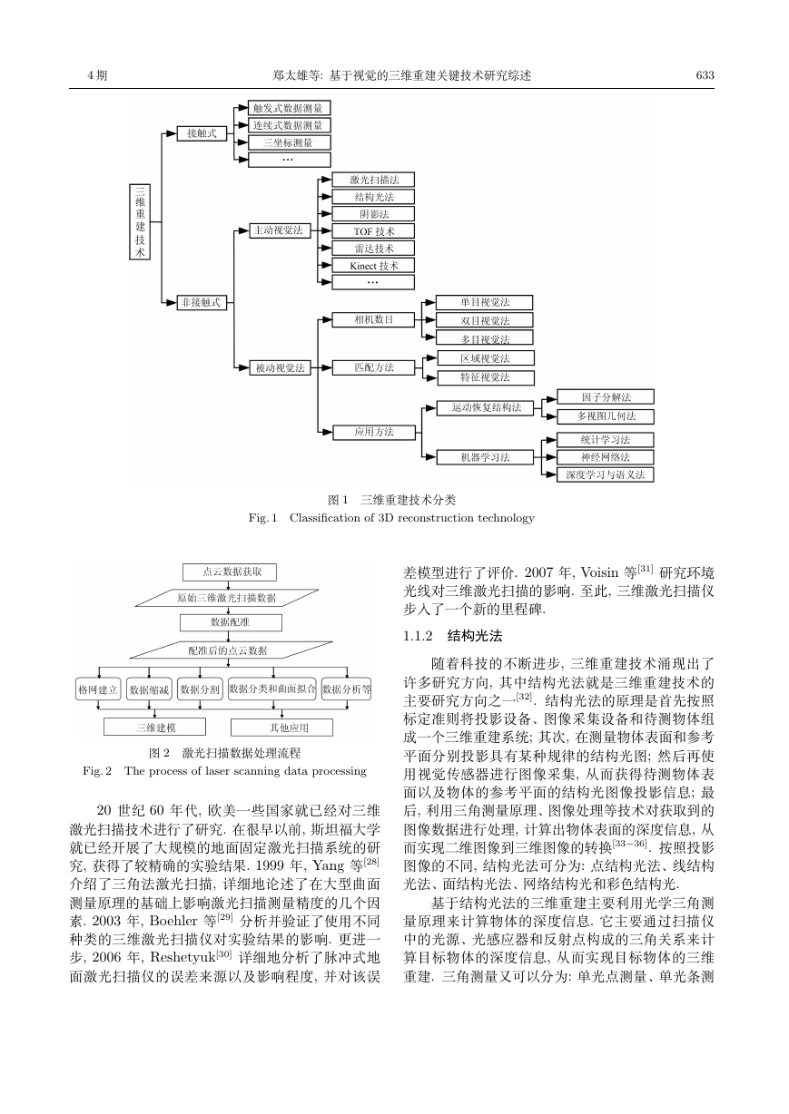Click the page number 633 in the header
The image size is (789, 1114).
[x=705, y=75]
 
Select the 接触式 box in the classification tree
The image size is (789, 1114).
[x=202, y=133]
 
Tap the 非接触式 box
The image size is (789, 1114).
[x=202, y=302]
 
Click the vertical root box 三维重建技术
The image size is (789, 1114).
[x=140, y=222]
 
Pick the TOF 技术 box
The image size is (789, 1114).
[x=373, y=231]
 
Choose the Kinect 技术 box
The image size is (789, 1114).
[x=373, y=266]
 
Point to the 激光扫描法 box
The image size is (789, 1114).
[x=373, y=180]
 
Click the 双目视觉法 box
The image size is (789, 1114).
[x=484, y=320]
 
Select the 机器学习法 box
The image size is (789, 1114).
[x=485, y=457]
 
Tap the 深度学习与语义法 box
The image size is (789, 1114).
[x=606, y=474]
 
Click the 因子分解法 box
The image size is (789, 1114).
[x=606, y=396]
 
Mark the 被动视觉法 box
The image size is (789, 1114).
[x=281, y=368]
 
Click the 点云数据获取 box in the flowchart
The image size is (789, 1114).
[x=230, y=572]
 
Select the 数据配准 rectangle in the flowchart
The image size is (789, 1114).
[x=231, y=622]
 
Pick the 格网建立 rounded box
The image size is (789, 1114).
[x=98, y=689]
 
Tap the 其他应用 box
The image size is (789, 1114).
[x=281, y=727]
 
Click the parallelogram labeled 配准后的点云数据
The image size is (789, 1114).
[x=230, y=650]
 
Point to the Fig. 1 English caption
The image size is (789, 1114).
[x=391, y=518]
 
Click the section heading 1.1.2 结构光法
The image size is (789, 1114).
[x=452, y=636]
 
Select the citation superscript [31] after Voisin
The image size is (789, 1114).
[x=646, y=569]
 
